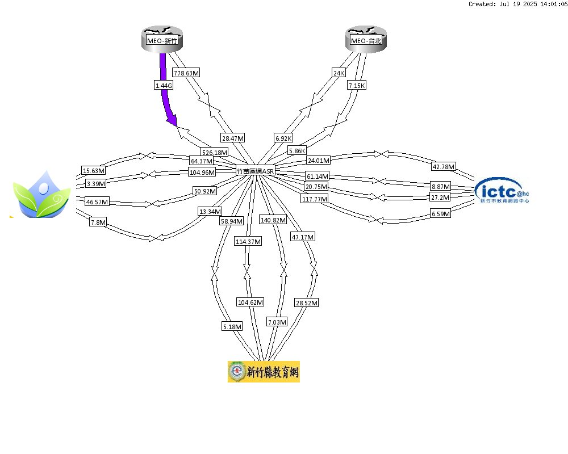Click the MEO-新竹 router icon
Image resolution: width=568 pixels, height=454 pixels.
[162, 39]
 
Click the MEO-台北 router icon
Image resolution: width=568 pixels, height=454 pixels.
[366, 39]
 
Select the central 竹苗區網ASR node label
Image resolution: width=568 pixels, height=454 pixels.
[256, 171]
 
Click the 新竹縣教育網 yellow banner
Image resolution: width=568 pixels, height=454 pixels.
[264, 372]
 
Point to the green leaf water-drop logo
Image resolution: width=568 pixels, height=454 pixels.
[41, 195]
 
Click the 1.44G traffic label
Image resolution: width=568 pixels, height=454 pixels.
[164, 86]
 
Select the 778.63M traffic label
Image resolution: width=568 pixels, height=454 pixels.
[186, 73]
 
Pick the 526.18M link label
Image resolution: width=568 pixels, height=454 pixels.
[215, 153]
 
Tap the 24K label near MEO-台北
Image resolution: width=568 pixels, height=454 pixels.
[339, 73]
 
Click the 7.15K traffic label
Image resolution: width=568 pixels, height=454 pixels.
[357, 86]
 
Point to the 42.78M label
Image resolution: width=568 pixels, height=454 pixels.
[444, 166]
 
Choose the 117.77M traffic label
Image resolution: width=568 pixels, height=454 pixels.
[315, 199]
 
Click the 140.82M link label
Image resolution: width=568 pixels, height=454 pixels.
[273, 220]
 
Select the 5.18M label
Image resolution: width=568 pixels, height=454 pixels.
[232, 326]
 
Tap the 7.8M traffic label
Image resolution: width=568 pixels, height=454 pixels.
[98, 222]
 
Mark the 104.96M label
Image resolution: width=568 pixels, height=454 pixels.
[202, 172]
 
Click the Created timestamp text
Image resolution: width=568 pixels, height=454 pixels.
[517, 4]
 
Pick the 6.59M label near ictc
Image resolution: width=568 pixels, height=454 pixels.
[441, 213]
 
